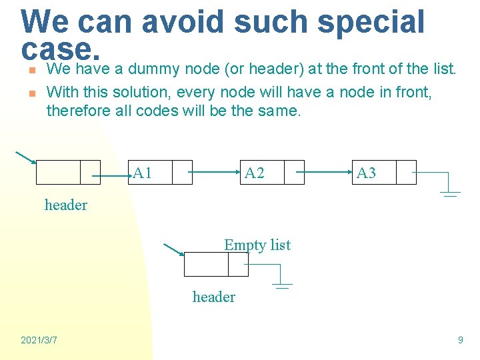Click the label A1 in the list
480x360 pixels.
(x=143, y=173)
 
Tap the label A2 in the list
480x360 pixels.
(x=255, y=173)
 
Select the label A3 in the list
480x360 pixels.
(x=367, y=173)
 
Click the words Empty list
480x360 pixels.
(x=257, y=245)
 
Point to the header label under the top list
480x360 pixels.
(x=65, y=205)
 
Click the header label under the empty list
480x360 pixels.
(x=213, y=297)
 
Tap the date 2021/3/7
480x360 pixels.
(x=39, y=340)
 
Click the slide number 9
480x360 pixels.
(x=460, y=340)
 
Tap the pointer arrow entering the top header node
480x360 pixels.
(x=25, y=157)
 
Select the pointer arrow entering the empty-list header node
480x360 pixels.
(x=173, y=249)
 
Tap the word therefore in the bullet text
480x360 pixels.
(x=74, y=111)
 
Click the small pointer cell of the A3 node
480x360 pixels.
(x=405, y=173)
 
